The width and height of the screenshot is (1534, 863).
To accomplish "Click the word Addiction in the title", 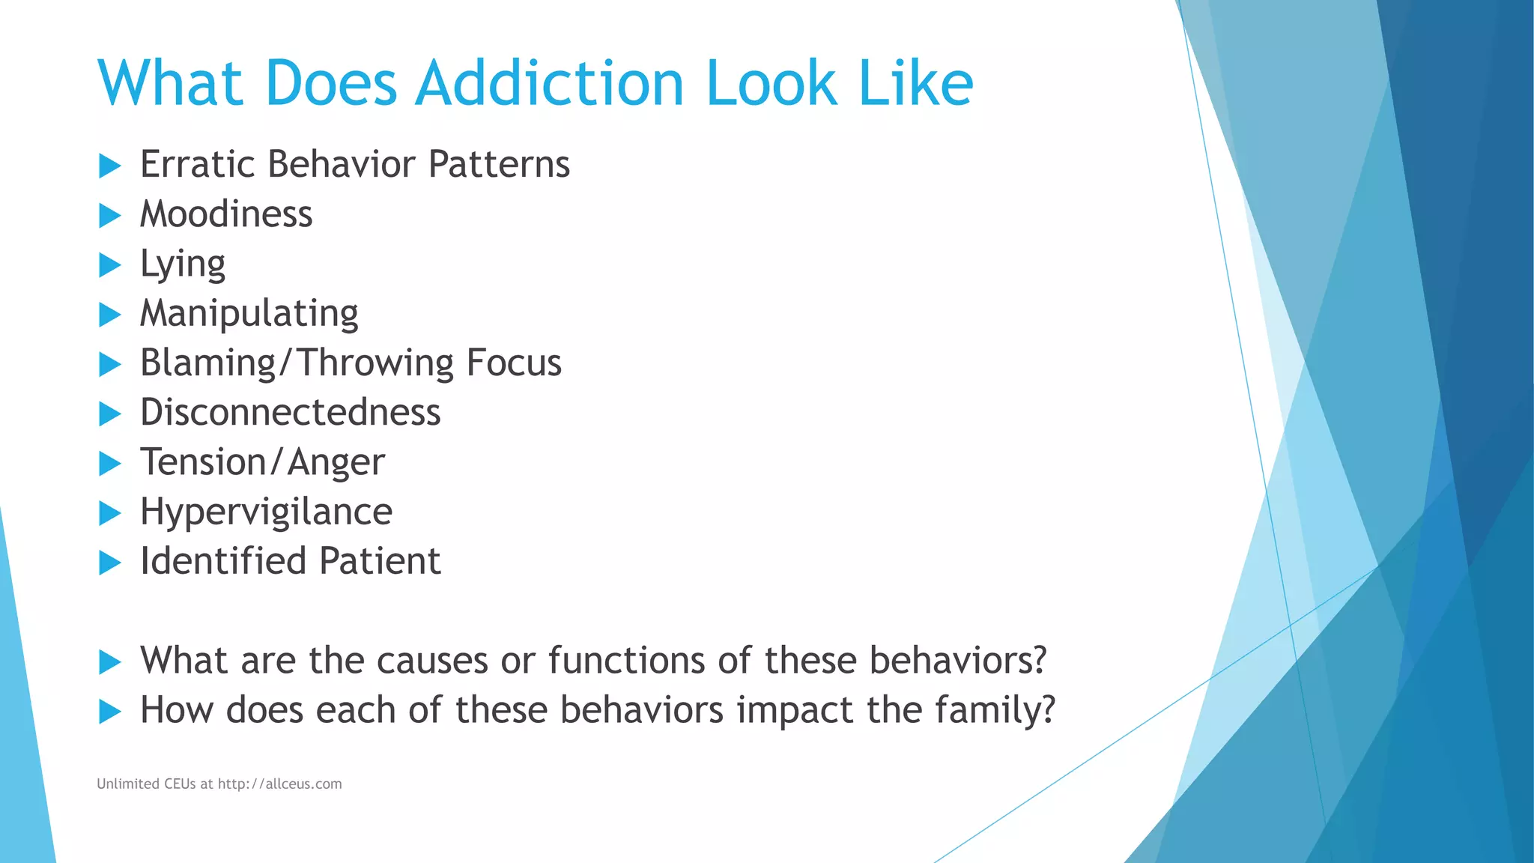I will click(x=549, y=83).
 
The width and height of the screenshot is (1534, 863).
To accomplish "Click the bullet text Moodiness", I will click(x=226, y=214).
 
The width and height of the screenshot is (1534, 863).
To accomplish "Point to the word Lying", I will click(x=183, y=264).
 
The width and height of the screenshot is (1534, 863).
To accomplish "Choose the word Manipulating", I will click(x=249, y=314).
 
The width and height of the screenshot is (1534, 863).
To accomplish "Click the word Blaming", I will click(x=207, y=363).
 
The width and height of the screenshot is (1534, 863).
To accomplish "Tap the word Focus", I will click(x=513, y=363).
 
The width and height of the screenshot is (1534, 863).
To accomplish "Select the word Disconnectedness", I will click(x=291, y=413).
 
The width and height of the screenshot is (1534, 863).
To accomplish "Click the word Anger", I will click(x=336, y=462).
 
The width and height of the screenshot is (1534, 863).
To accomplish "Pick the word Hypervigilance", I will click(x=266, y=512).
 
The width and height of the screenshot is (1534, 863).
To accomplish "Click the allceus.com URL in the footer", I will click(x=279, y=784).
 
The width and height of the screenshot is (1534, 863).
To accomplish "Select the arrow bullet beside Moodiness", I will click(x=109, y=216).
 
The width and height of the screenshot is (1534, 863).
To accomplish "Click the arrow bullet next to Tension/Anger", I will click(x=109, y=464).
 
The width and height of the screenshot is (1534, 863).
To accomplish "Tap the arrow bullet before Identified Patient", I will click(x=109, y=563).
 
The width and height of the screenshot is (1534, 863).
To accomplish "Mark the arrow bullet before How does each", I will click(x=109, y=712).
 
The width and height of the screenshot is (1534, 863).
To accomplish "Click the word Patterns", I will click(x=499, y=164).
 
